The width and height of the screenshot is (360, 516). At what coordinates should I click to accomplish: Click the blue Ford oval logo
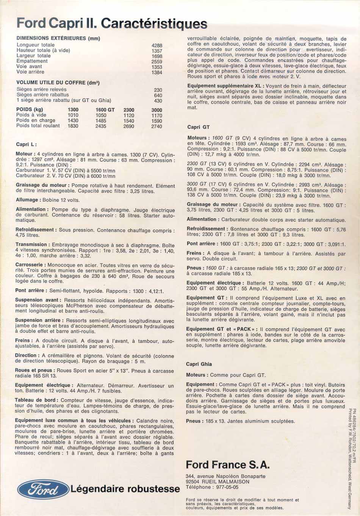[x=43, y=489]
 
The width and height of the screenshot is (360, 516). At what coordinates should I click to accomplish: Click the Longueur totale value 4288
[x=157, y=45]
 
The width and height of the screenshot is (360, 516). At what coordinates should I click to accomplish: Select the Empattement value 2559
[x=157, y=61]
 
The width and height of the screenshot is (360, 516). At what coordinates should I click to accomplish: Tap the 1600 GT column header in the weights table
[x=105, y=110]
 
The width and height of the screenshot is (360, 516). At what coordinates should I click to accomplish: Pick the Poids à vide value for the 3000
[x=157, y=116]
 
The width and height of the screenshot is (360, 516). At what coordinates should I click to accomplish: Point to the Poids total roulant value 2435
[x=101, y=126]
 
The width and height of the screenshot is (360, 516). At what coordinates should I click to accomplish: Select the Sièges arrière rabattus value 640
[x=158, y=95]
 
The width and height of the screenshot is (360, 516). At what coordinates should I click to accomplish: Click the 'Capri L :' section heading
[x=27, y=144]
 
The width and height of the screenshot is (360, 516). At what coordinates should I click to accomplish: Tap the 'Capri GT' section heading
[x=198, y=127]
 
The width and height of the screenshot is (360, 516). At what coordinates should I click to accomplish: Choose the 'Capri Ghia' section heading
[x=199, y=364]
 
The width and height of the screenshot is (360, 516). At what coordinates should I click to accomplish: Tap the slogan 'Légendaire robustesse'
[x=125, y=489]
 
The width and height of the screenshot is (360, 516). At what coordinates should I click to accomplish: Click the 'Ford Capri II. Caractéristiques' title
[x=112, y=23]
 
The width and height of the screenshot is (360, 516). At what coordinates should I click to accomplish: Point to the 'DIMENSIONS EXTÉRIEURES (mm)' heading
[x=58, y=38]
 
